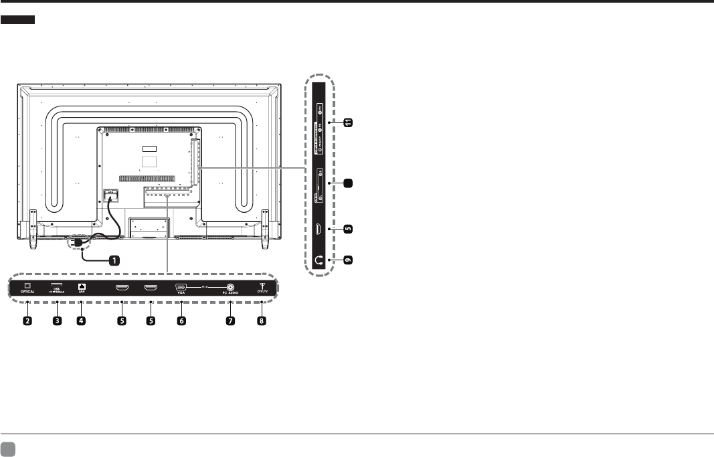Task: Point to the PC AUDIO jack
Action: (x=232, y=287)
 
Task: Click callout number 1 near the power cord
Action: (x=114, y=260)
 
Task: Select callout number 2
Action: (x=28, y=321)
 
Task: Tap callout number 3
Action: (x=57, y=321)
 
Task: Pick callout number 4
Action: (x=82, y=321)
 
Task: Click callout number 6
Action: (x=181, y=321)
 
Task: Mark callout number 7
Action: (x=232, y=321)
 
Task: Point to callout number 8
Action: (x=262, y=321)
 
